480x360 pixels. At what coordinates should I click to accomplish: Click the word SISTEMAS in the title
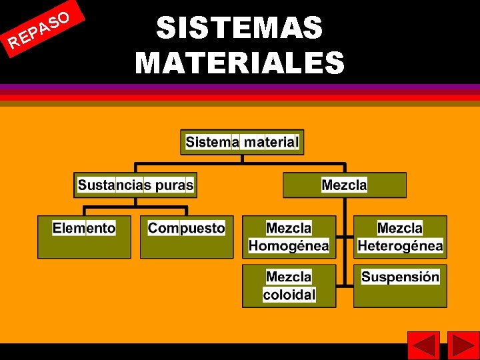tap(240, 29)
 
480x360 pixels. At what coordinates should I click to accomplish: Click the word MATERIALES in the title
tap(240, 63)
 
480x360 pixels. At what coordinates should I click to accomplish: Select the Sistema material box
tap(242, 142)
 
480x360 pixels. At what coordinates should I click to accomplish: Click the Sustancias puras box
tap(135, 185)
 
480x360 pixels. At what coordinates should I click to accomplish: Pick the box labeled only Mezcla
tap(344, 185)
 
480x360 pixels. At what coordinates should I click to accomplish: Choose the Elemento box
tap(84, 237)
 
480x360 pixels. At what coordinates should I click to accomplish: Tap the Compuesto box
tap(187, 237)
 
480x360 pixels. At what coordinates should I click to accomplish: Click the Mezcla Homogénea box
tap(289, 237)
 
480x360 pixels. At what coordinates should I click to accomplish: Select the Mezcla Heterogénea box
tap(400, 237)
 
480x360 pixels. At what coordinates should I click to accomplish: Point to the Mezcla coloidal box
tap(289, 286)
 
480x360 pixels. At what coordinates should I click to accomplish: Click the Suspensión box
tap(400, 286)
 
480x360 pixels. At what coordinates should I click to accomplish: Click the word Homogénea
tap(289, 246)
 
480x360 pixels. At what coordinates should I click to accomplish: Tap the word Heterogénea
tap(400, 246)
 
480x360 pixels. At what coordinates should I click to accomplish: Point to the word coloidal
tap(289, 295)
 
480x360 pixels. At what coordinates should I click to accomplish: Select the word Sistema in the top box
tap(212, 142)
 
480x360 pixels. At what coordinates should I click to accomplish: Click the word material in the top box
tap(271, 142)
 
